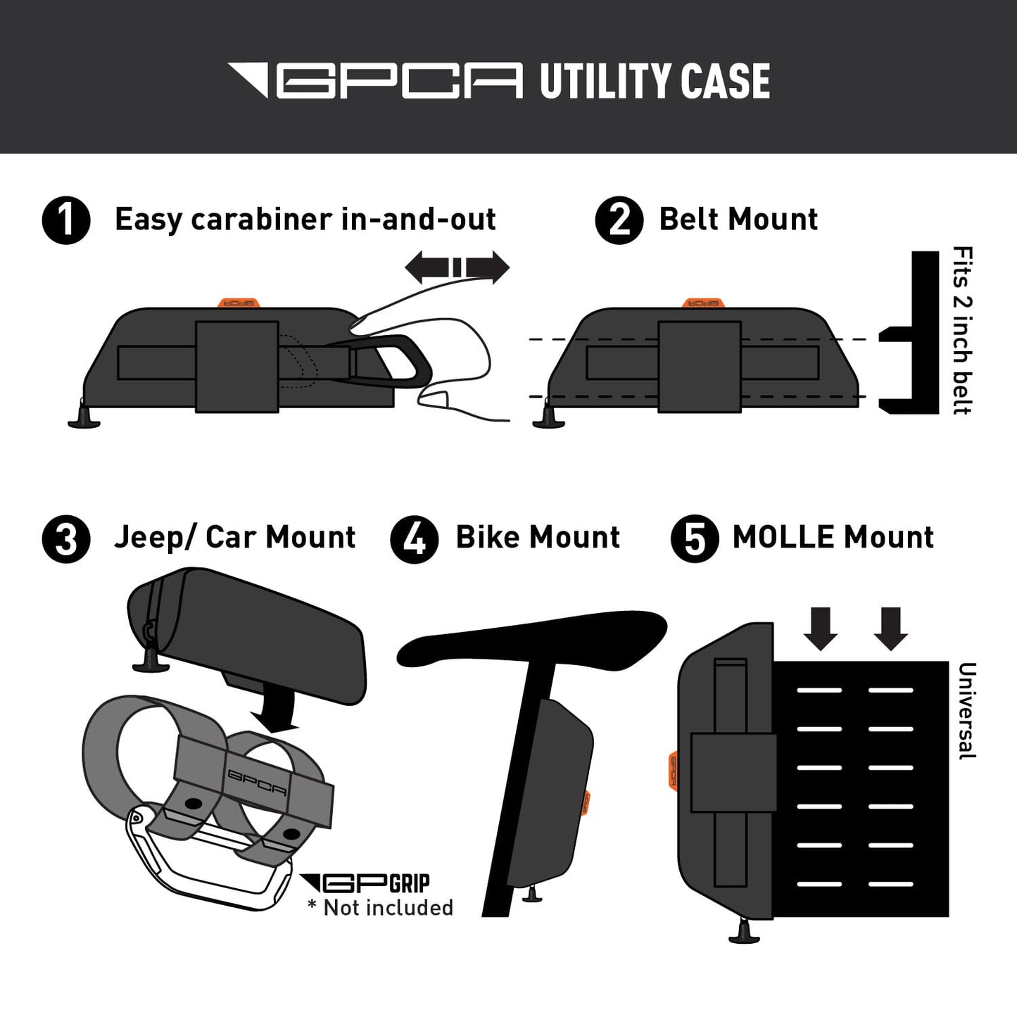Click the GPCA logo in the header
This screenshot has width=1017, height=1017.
click(376, 80)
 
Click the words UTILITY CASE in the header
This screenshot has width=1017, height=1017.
click(655, 81)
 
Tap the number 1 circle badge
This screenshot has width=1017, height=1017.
click(66, 220)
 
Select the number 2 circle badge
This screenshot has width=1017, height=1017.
click(619, 220)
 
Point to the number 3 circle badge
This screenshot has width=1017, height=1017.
click(66, 539)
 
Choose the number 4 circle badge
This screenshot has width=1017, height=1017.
click(415, 539)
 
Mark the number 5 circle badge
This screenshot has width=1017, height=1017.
click(694, 539)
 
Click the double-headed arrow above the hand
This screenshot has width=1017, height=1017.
click(457, 267)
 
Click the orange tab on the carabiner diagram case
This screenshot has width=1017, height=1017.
click(237, 303)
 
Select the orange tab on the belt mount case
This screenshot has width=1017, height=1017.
click(703, 303)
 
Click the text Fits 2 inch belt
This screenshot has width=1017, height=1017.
click(961, 330)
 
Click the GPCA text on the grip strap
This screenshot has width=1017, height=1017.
click(257, 782)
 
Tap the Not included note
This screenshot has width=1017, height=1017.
click(381, 908)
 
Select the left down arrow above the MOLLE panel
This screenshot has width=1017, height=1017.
click(821, 628)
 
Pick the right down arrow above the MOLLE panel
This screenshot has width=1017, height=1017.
click(890, 628)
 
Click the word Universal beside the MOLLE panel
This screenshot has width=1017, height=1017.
click(966, 711)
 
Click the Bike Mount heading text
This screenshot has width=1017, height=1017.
click(538, 538)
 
